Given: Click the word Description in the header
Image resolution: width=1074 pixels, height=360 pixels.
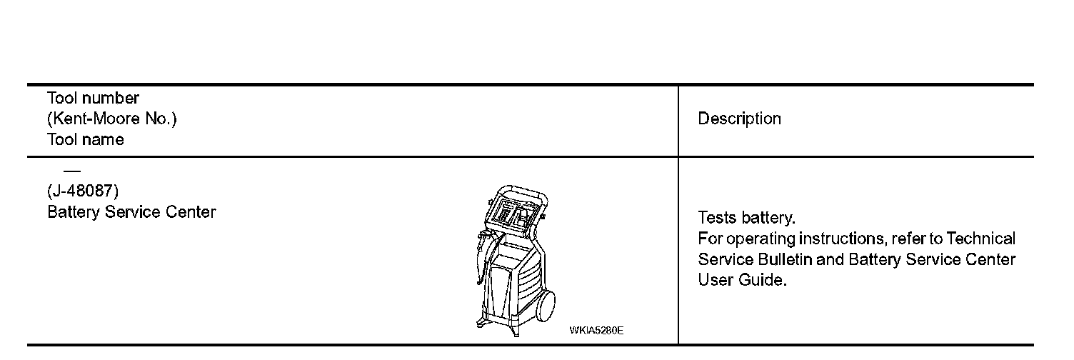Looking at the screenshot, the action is tap(739, 119).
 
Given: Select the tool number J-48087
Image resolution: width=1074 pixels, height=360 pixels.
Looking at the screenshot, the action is tap(82, 191).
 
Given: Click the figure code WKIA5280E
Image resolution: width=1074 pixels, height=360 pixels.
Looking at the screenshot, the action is tap(596, 330).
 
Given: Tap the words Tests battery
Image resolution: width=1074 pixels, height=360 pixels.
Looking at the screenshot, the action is tap(746, 217).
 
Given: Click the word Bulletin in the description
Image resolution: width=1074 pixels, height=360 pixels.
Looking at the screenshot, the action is tap(783, 259).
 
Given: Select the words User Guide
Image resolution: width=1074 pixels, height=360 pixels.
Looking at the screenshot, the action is tap(742, 280).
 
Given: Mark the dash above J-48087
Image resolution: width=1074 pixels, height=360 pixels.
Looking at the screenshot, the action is tap(71, 172).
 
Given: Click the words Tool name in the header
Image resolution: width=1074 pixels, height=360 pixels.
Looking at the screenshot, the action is tap(85, 139).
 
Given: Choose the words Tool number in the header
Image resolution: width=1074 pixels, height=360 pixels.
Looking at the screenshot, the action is tap(93, 98).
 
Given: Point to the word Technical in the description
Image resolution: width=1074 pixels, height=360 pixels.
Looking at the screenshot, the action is tap(980, 239).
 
